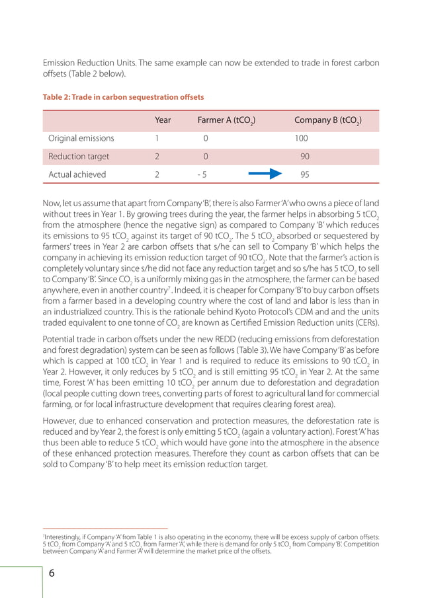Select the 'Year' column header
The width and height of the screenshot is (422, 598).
click(x=163, y=120)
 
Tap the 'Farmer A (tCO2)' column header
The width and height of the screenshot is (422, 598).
click(x=226, y=120)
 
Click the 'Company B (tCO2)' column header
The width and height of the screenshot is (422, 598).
click(x=327, y=120)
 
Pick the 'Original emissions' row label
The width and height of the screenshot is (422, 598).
click(x=81, y=138)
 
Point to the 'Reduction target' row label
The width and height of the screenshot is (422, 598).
click(x=79, y=157)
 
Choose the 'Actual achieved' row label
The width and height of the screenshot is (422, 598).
click(x=77, y=175)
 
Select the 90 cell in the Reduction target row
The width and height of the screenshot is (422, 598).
click(x=305, y=157)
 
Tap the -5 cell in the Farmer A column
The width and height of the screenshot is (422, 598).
click(x=203, y=175)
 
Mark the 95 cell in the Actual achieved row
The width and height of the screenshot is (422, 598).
click(x=305, y=175)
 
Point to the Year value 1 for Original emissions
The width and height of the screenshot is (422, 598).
click(x=157, y=138)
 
